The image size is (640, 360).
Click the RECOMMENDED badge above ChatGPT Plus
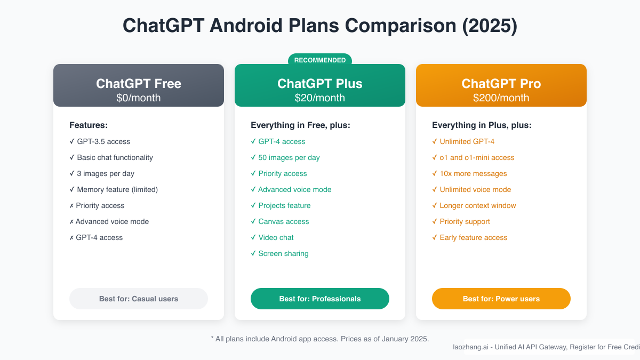(320, 60)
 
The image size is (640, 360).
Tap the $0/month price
(139, 98)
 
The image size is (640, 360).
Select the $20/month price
(320, 98)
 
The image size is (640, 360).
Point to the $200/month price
(501, 98)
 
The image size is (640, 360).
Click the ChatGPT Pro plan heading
(501, 84)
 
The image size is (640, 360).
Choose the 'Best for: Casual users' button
(139, 299)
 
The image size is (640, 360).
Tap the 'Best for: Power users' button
(501, 299)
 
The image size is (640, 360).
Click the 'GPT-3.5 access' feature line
(103, 141)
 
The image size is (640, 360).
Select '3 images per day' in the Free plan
(106, 173)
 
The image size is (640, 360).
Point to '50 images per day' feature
(289, 157)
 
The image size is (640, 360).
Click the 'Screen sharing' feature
(283, 253)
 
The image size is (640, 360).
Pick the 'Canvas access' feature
(284, 221)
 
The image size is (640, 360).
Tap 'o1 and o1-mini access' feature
(477, 157)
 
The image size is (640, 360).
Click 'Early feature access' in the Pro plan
(474, 237)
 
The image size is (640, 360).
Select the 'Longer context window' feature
(478, 205)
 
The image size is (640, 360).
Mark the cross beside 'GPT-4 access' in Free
(72, 237)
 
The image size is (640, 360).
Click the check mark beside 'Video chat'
(253, 237)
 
